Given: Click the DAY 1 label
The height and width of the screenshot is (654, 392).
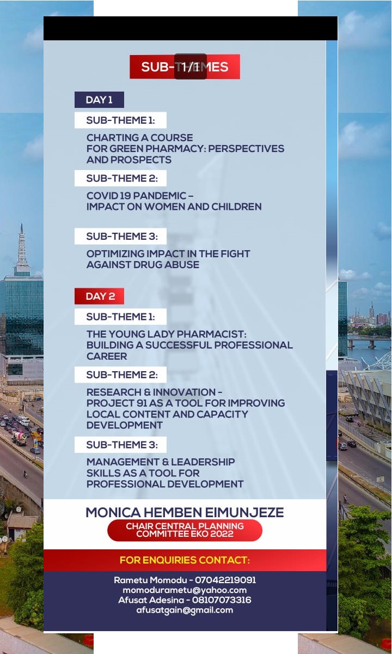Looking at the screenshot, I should (99, 100).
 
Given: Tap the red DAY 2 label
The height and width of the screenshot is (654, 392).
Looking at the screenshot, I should (100, 296).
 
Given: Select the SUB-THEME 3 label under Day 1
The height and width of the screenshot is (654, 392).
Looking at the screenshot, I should (121, 236).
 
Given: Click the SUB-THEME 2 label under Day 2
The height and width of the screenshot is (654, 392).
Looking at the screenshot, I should (121, 374).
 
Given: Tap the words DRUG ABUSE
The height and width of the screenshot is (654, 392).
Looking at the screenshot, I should (171, 265).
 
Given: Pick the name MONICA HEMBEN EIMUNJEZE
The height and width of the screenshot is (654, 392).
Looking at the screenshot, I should (185, 512).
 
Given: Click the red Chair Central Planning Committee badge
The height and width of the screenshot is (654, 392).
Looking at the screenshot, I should (185, 530).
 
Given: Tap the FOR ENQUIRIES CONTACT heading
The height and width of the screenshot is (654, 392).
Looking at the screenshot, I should (185, 560).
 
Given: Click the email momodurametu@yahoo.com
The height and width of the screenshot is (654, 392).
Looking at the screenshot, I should (185, 590).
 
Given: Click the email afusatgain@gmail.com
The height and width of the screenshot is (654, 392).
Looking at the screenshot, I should (185, 610).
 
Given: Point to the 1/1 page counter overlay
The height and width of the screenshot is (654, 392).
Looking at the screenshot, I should (190, 66).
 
